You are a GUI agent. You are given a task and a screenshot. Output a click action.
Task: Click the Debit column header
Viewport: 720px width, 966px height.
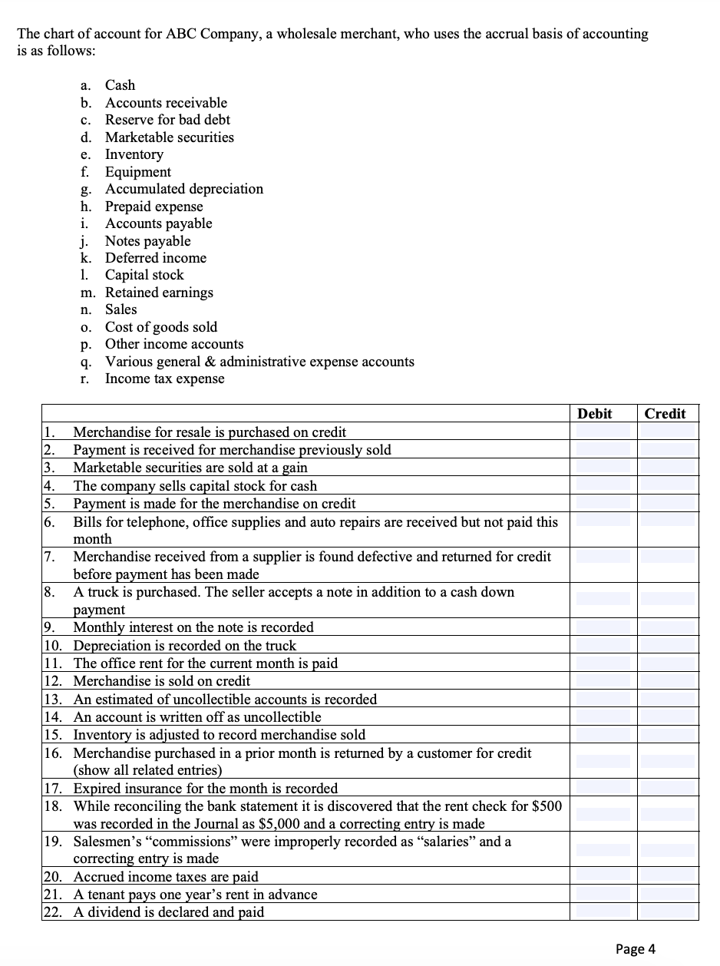tap(595, 414)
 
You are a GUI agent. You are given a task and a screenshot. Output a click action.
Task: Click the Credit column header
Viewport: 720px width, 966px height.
tap(665, 414)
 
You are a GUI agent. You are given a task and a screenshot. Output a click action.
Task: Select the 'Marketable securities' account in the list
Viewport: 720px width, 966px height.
tap(169, 137)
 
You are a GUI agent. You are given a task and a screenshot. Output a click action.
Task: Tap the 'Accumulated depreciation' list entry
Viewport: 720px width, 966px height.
tap(183, 189)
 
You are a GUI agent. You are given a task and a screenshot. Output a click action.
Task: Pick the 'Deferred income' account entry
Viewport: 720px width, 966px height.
tap(155, 258)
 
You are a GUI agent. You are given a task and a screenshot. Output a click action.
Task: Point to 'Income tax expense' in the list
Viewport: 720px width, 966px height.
tap(164, 379)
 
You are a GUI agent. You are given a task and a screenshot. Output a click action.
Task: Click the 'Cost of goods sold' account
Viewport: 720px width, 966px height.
tap(161, 327)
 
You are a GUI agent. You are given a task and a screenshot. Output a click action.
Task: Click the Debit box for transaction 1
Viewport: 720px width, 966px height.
tap(603, 432)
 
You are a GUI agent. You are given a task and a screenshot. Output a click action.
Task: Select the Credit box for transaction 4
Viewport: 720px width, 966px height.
tap(668, 485)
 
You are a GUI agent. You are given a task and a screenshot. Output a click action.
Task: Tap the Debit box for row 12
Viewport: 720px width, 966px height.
tap(603, 681)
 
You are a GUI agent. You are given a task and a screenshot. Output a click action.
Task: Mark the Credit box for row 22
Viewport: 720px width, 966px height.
tap(668, 912)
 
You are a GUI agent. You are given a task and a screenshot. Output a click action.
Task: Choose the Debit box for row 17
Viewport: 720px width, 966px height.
tap(603, 788)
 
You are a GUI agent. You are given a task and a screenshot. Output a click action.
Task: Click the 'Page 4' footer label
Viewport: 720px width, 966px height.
tap(636, 948)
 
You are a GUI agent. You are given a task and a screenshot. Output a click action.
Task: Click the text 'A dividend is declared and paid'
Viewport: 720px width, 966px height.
tap(168, 912)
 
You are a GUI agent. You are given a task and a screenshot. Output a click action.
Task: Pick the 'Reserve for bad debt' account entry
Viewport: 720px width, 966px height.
tap(167, 120)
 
